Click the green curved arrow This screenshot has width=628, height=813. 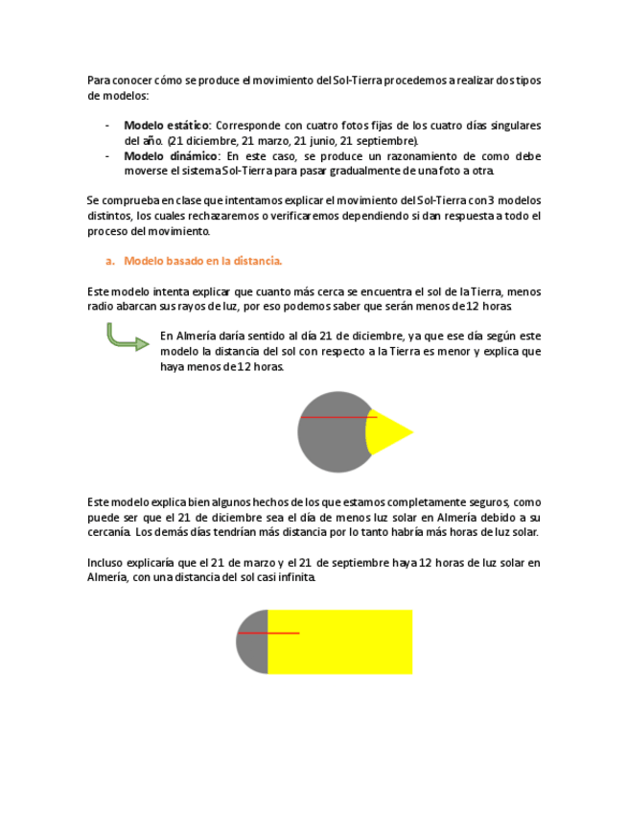(126, 337)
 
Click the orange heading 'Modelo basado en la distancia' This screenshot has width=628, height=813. (203, 261)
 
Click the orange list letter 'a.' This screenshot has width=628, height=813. (110, 261)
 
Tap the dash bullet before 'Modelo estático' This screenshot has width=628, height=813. (106, 126)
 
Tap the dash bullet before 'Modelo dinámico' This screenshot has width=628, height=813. (106, 156)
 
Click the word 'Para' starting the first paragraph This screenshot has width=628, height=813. (98, 81)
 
